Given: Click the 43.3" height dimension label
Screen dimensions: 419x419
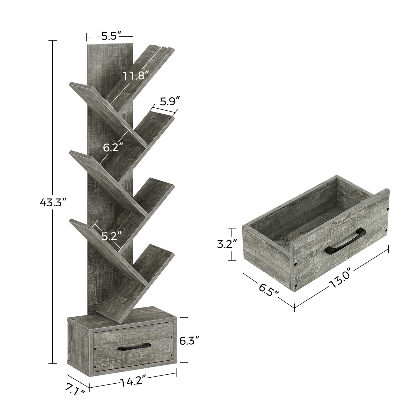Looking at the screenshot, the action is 52,202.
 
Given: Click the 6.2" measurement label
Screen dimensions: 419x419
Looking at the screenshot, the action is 113,148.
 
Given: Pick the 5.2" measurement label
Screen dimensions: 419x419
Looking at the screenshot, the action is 112,236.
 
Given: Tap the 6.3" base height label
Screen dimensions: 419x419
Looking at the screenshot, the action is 190,341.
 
